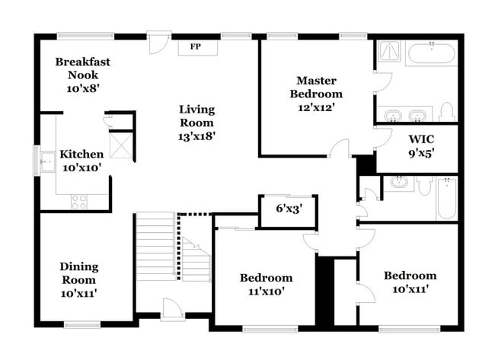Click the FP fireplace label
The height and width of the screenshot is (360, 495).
(x=195, y=47)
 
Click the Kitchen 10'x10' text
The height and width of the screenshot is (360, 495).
(x=81, y=160)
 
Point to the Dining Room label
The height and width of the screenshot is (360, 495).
(x=78, y=279)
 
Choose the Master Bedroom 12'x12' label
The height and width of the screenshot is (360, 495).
(x=315, y=94)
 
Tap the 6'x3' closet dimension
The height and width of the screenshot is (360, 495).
(x=289, y=208)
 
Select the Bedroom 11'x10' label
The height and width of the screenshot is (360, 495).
(x=266, y=284)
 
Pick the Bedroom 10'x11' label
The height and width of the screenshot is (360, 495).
(x=410, y=282)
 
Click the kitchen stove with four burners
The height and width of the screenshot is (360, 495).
(x=78, y=202)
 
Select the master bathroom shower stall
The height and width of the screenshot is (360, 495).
(x=389, y=51)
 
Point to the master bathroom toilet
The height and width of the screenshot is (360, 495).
(x=446, y=113)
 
